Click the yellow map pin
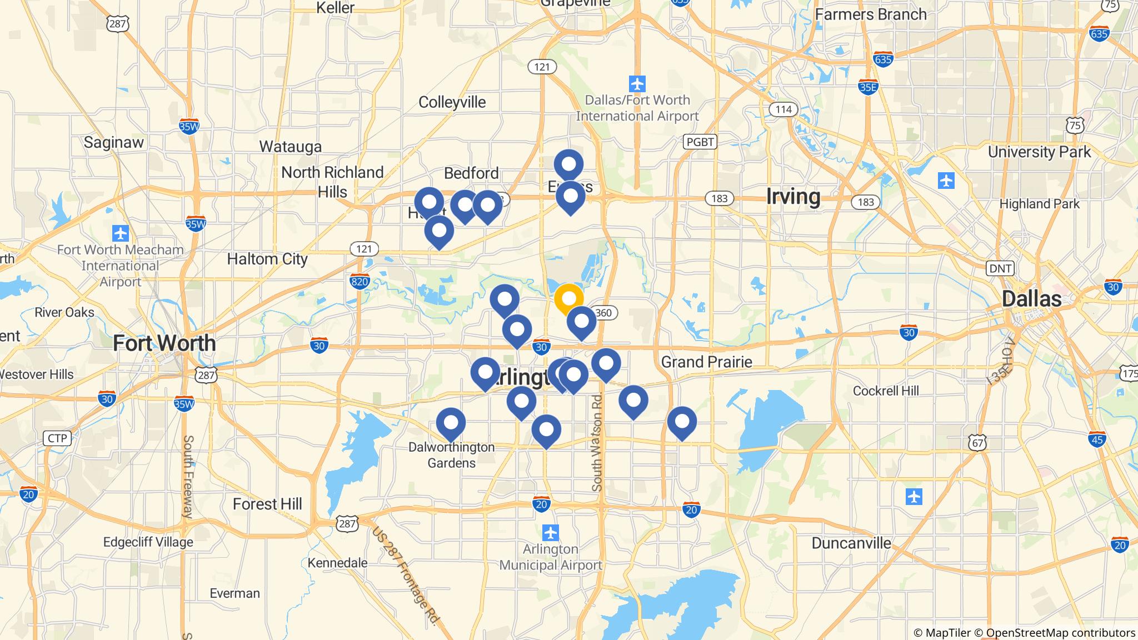click(x=568, y=298)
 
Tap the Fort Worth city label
click(x=164, y=343)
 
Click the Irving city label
click(x=793, y=197)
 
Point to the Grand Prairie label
click(x=706, y=362)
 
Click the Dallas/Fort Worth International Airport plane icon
click(x=637, y=84)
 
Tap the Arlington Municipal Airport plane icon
click(x=551, y=533)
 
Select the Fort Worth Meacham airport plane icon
click(x=120, y=232)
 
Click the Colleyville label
click(x=452, y=102)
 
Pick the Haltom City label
click(x=267, y=259)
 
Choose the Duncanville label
click(x=851, y=543)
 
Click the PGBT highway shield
click(x=700, y=142)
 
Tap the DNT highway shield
click(x=1000, y=269)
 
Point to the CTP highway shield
click(x=57, y=438)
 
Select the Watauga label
click(x=290, y=147)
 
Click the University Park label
click(x=1039, y=152)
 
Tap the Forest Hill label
click(x=267, y=504)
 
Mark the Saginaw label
click(x=113, y=142)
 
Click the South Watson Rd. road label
click(x=597, y=442)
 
